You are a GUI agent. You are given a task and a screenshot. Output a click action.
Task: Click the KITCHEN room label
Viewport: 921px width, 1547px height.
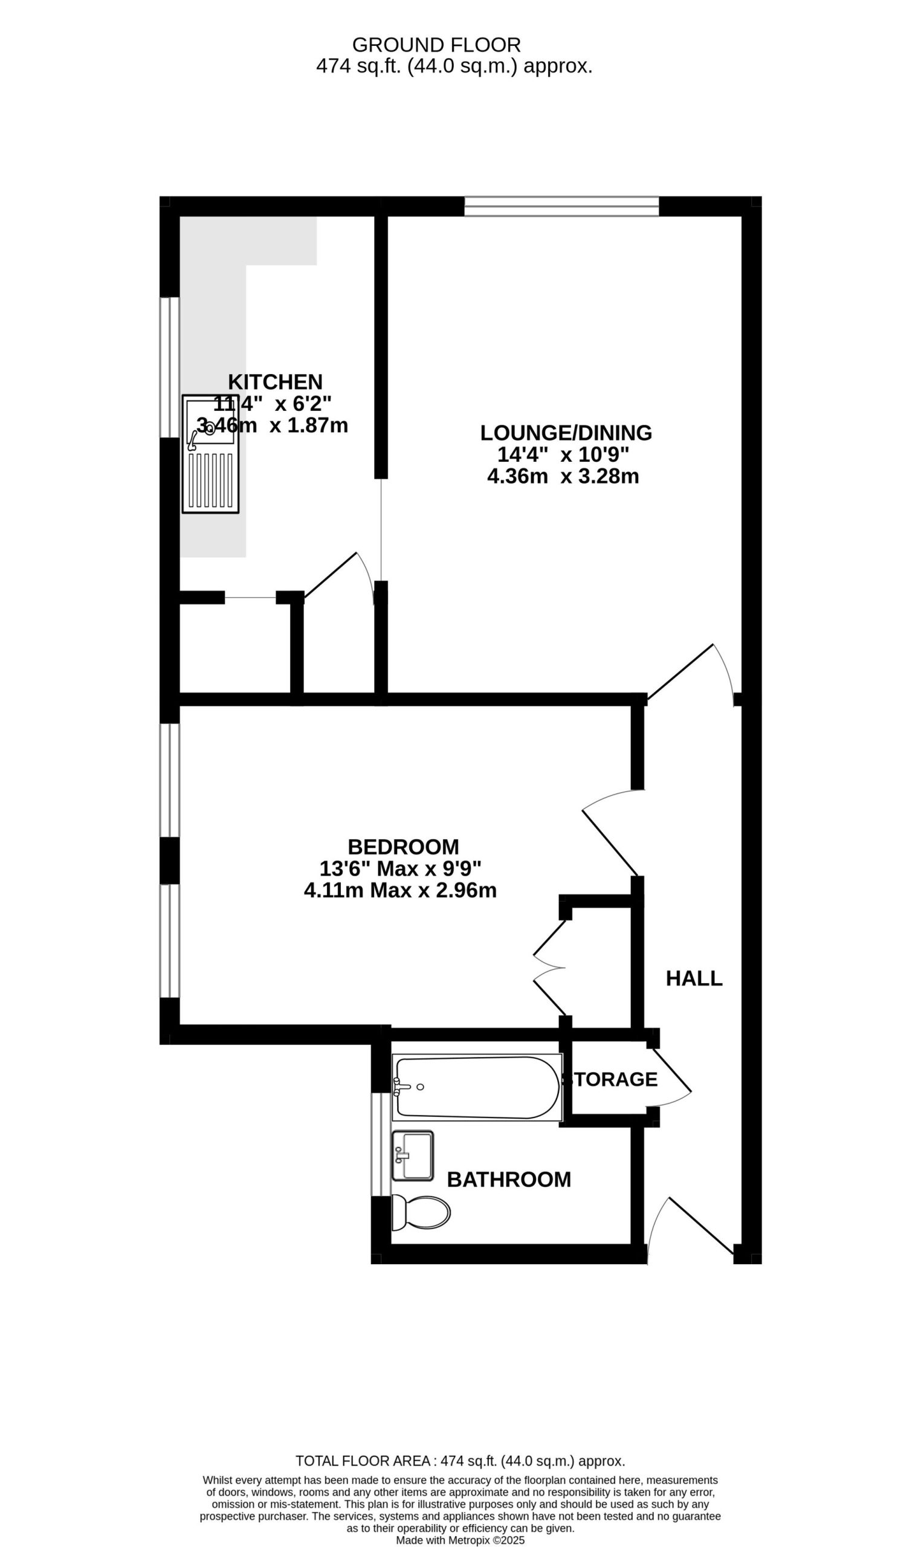tap(275, 381)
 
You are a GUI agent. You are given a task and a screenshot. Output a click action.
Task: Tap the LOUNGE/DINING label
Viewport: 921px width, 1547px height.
tap(566, 433)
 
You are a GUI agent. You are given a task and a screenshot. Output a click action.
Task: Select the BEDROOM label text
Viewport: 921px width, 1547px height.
tap(404, 847)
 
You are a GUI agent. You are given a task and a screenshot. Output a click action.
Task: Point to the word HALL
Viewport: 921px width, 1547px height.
tap(694, 978)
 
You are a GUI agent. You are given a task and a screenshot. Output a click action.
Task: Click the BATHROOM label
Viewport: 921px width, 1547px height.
tap(509, 1179)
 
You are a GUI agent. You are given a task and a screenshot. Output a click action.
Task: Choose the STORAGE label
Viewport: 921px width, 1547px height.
tap(610, 1079)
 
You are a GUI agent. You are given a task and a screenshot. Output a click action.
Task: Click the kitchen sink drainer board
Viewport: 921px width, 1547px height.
tap(210, 481)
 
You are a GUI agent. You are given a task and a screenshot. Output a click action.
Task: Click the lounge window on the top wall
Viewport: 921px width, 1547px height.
tap(561, 207)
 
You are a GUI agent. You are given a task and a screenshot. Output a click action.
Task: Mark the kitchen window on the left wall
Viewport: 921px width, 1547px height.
tap(169, 367)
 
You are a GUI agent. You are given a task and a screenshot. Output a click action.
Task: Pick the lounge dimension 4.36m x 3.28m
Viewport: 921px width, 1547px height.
tap(563, 477)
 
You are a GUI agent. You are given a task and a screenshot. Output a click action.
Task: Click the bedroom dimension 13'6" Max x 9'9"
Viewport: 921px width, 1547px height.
tap(400, 868)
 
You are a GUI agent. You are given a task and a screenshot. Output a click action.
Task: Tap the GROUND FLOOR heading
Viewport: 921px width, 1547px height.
tap(436, 45)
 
